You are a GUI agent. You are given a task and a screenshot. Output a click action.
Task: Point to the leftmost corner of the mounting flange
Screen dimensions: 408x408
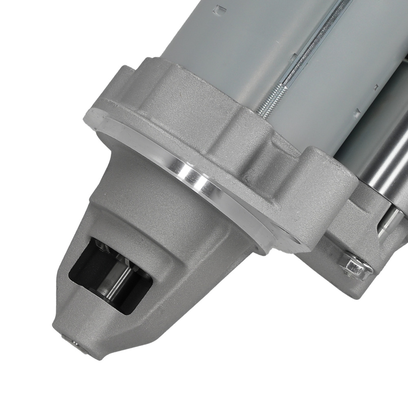[x=88, y=116]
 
